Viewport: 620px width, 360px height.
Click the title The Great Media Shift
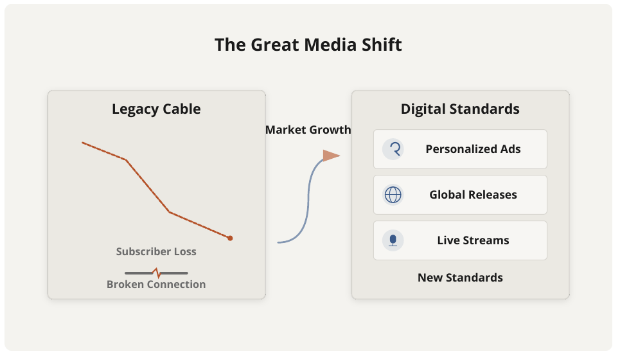(308, 45)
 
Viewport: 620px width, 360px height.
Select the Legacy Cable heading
(156, 109)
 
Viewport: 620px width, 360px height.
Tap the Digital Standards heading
(460, 109)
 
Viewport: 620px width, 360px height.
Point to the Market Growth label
(308, 130)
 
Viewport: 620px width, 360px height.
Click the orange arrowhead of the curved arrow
(331, 156)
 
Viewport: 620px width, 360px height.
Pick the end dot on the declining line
(230, 238)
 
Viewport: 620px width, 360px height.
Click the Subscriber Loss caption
(156, 251)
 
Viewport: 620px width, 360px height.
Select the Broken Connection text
(156, 284)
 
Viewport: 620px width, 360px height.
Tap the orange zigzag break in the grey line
(157, 273)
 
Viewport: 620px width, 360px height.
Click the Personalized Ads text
(474, 149)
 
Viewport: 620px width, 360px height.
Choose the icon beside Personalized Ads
(393, 149)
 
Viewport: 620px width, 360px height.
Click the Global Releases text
(474, 195)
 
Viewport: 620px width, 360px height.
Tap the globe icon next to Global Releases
(393, 195)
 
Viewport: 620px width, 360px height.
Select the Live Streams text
(474, 240)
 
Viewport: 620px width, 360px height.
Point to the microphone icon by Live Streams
(393, 240)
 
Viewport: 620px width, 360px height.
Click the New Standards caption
(460, 278)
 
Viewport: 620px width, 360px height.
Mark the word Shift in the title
(382, 45)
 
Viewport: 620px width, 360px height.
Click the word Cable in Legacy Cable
(182, 109)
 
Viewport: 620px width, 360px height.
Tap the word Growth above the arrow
(330, 130)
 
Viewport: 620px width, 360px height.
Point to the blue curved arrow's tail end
(278, 242)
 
